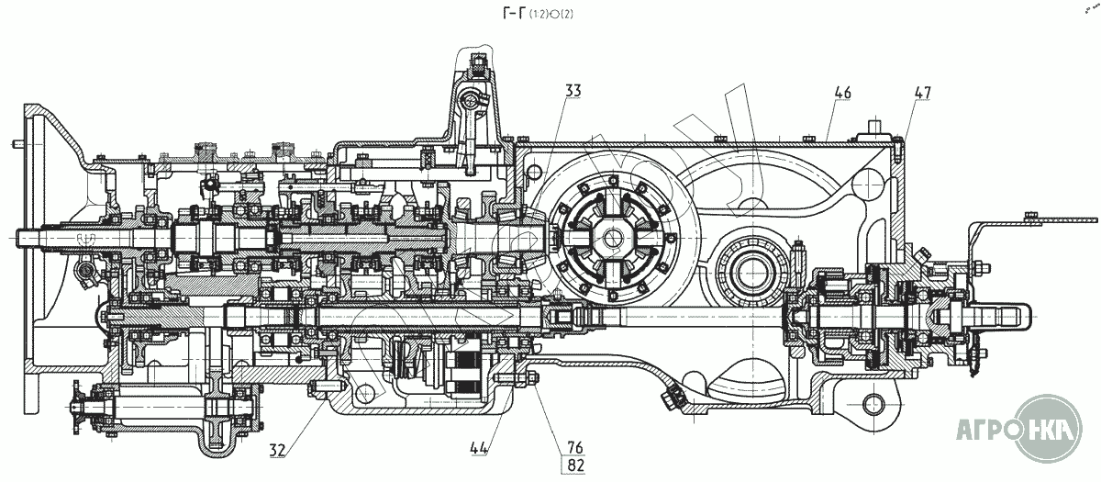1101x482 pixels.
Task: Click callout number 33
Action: (x=573, y=90)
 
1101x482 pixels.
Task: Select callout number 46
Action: (x=842, y=93)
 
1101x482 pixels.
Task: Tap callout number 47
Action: (x=922, y=93)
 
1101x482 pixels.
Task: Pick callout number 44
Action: (x=478, y=448)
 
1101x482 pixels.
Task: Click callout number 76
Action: (x=575, y=447)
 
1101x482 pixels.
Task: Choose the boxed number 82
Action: (x=575, y=465)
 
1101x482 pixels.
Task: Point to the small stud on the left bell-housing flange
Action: (x=19, y=143)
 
